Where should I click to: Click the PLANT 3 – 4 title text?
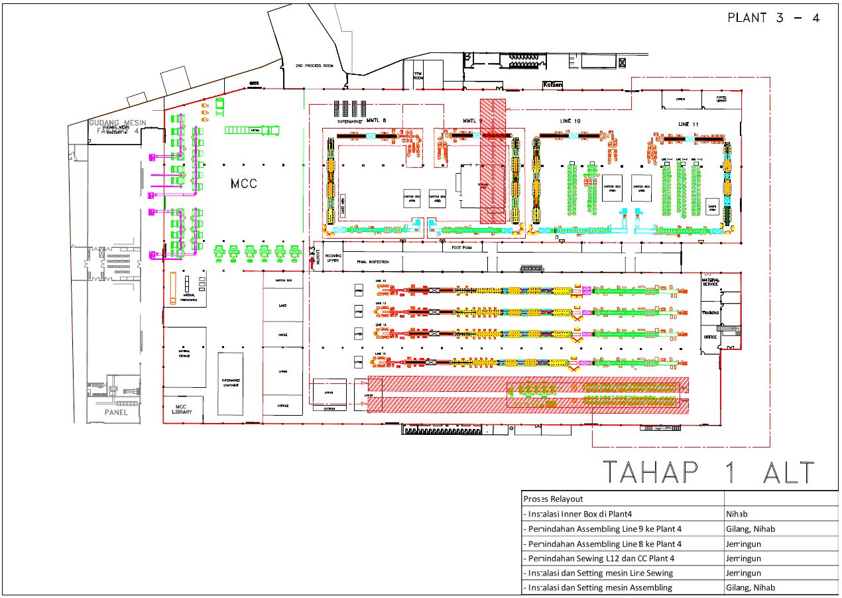coord(773,18)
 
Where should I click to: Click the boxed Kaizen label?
coord(552,85)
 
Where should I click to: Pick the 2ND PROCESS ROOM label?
coord(314,66)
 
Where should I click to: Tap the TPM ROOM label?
coord(418,76)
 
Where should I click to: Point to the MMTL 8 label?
coord(375,121)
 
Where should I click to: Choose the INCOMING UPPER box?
coord(333,258)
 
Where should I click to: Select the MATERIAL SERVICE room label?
coord(711,282)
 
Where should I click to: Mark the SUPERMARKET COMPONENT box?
coord(231,383)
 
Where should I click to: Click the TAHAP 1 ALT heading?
coord(708,473)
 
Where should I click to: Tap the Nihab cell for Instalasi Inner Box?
coord(737,514)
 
